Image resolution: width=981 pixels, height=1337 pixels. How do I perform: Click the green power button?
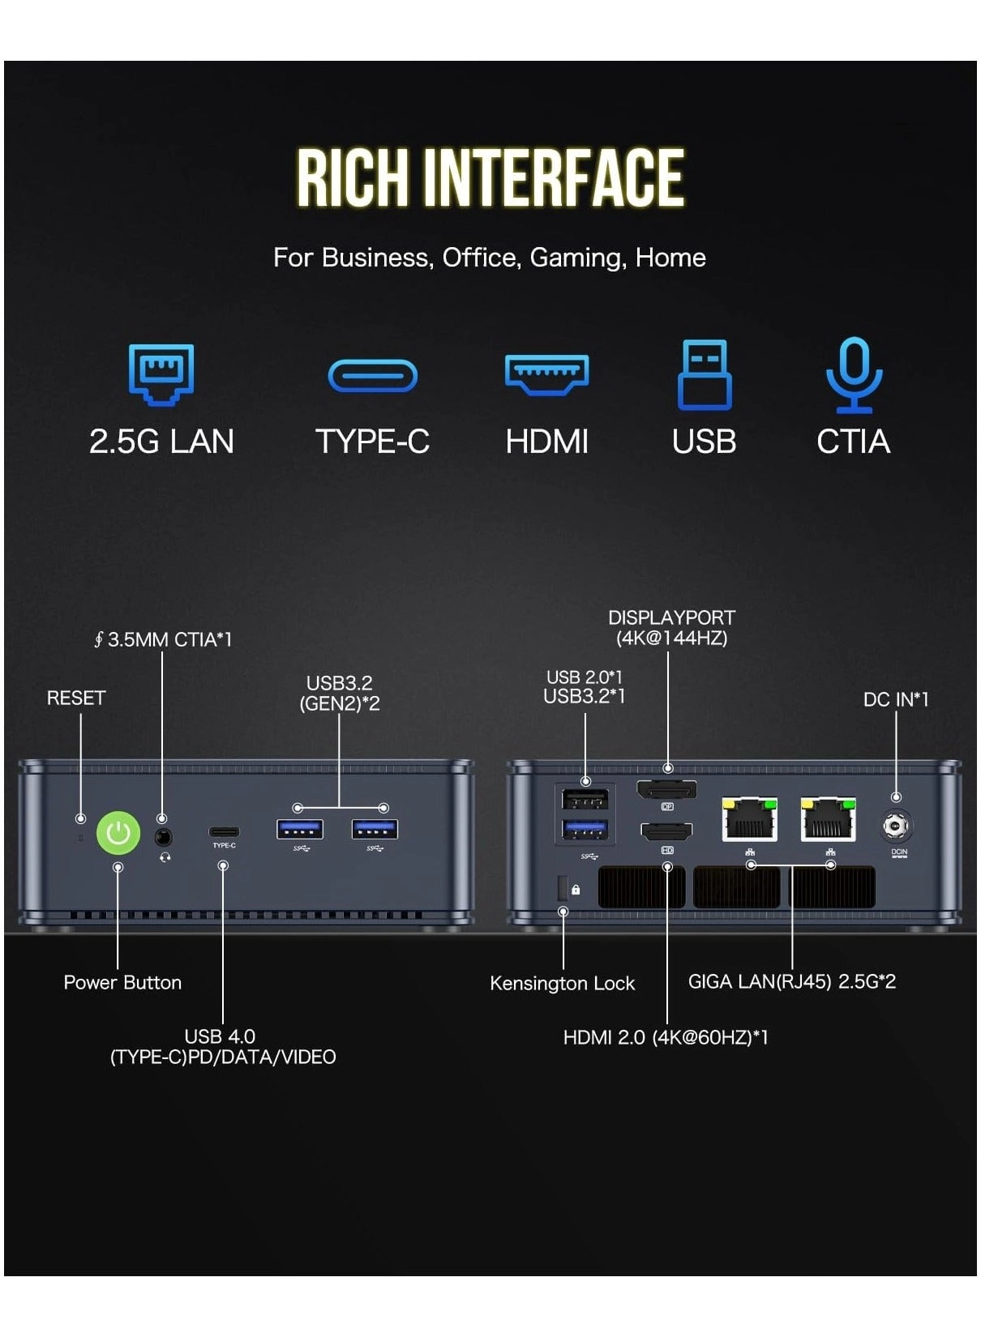coord(118,833)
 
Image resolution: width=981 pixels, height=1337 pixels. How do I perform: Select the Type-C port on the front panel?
coord(224,832)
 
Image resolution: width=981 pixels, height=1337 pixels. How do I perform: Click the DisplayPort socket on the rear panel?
coord(666,790)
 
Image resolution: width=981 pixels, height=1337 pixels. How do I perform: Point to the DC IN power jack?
coord(896,827)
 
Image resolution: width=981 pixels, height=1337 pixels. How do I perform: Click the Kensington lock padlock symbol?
coord(576,890)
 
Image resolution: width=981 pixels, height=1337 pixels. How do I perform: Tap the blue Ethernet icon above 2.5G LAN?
coord(161,374)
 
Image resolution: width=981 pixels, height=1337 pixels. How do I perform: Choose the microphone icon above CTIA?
coord(854,374)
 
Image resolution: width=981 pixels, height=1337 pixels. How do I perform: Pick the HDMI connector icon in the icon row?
coord(546,374)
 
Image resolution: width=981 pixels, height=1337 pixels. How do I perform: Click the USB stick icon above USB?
coord(704,374)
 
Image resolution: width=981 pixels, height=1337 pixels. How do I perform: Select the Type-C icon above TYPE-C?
coord(372,376)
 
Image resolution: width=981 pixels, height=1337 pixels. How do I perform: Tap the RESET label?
coord(76,698)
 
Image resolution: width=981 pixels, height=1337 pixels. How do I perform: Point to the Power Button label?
coord(122,982)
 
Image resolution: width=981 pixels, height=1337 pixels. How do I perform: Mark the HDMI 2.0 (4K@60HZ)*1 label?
coord(666,1037)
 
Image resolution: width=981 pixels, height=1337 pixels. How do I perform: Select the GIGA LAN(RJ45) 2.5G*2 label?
coord(791,981)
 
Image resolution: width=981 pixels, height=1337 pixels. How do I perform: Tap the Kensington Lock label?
coord(562,983)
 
